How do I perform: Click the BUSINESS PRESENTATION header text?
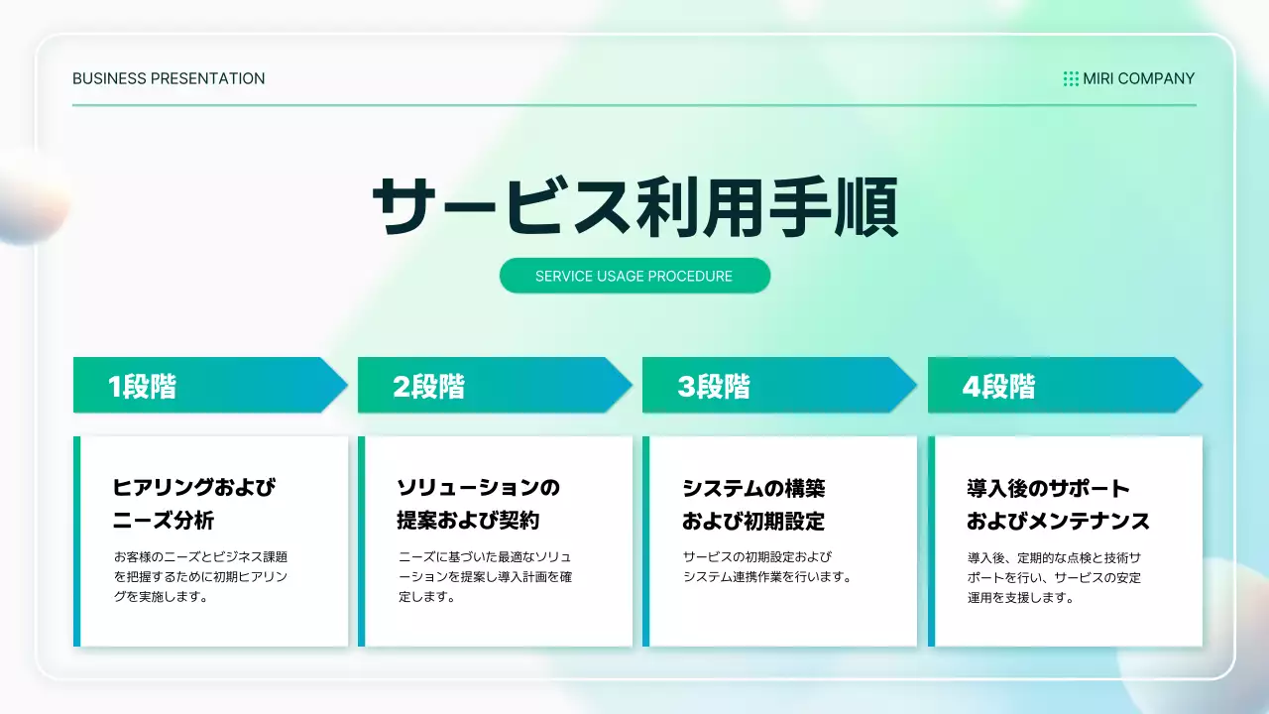[169, 78]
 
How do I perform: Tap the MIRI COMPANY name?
[1138, 78]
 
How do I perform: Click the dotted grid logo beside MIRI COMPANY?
[1071, 78]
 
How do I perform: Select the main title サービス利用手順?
[634, 207]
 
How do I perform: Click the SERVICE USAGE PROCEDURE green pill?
[634, 276]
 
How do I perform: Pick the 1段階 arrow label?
[143, 386]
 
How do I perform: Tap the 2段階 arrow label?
[428, 386]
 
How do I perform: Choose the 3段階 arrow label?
[714, 386]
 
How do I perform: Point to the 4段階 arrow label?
[998, 386]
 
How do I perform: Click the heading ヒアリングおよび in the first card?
[194, 488]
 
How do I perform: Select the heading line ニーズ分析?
[164, 521]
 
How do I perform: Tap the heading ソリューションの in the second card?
[479, 488]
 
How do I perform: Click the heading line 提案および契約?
[468, 521]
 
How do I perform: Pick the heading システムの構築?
[753, 488]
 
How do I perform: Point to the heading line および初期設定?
[753, 521]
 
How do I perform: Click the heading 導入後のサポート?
[1048, 488]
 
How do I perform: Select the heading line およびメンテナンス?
[1058, 521]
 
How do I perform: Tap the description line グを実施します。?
[161, 597]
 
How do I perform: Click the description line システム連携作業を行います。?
[767, 577]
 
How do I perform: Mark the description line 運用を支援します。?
[1021, 597]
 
